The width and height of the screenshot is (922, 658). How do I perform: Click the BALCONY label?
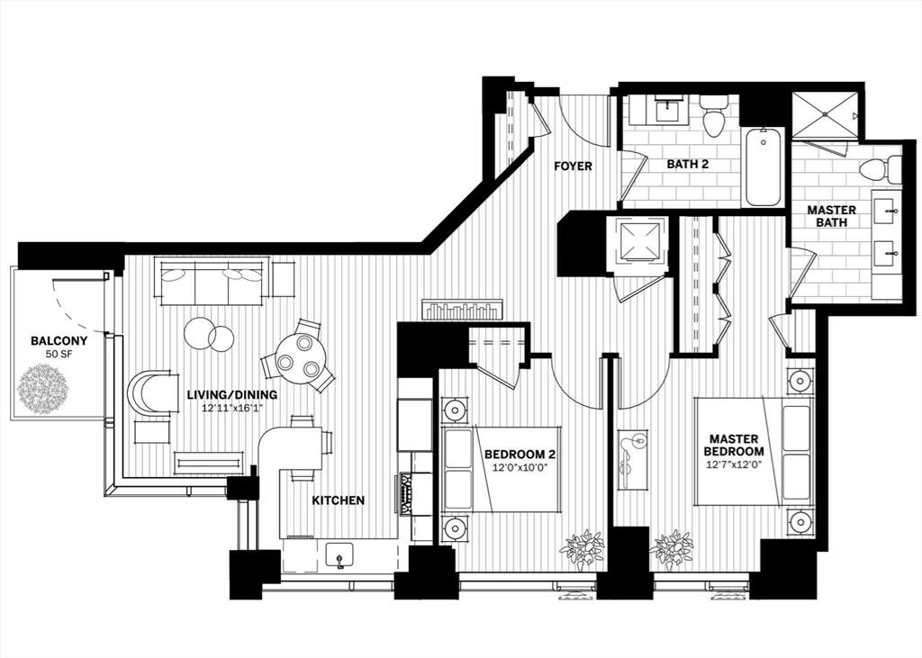pyautogui.click(x=59, y=340)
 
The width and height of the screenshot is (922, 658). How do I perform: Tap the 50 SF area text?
pyautogui.click(x=59, y=354)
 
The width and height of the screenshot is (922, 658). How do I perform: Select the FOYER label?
pyautogui.click(x=574, y=167)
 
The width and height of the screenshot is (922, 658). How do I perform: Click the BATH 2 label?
pyautogui.click(x=687, y=164)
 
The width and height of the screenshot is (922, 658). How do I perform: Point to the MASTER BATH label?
pyautogui.click(x=831, y=216)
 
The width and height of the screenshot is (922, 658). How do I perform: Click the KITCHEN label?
pyautogui.click(x=339, y=500)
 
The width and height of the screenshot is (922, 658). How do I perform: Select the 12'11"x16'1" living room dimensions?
pyautogui.click(x=231, y=407)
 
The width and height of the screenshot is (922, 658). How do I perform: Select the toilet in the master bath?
pyautogui.click(x=881, y=169)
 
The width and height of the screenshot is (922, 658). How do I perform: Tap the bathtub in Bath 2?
pyautogui.click(x=764, y=167)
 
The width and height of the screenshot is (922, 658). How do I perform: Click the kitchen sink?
pyautogui.click(x=339, y=555)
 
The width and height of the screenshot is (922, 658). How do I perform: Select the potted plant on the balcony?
pyautogui.click(x=43, y=390)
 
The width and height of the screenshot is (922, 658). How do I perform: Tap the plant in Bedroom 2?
pyautogui.click(x=583, y=550)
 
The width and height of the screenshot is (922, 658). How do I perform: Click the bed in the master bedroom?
pyautogui.click(x=754, y=452)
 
